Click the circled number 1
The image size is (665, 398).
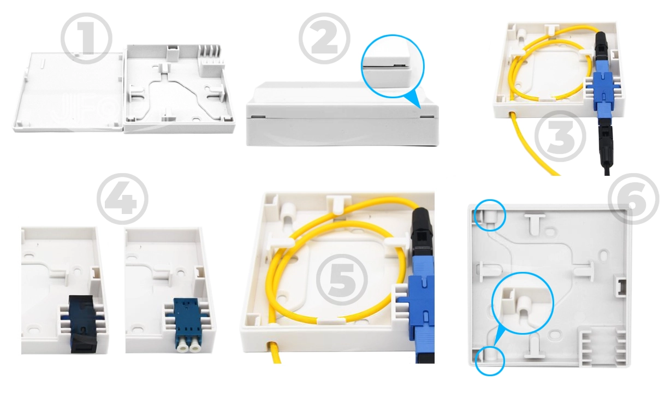coord(86,37)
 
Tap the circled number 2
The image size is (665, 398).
coord(324,37)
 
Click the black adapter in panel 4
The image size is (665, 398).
coord(82,324)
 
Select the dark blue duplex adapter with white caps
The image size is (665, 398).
coord(187,324)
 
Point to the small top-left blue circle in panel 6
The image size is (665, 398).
coord(490,216)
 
